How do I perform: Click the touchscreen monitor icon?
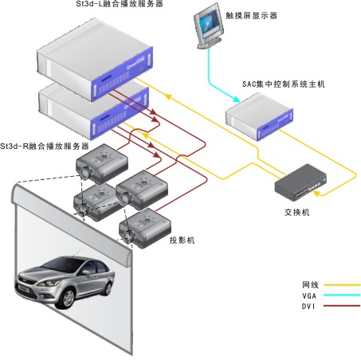click(x=209, y=26)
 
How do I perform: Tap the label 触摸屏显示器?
click(x=251, y=15)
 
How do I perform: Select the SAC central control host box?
click(x=259, y=117)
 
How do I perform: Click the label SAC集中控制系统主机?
click(x=284, y=84)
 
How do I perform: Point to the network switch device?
click(x=300, y=182)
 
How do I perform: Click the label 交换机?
click(x=297, y=212)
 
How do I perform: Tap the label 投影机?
click(x=182, y=240)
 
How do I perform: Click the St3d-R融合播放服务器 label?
click(x=45, y=146)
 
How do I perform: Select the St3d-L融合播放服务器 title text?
click(x=120, y=4)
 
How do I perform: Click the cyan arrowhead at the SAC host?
click(x=236, y=100)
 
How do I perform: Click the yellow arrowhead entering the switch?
click(x=316, y=194)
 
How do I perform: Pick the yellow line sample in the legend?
click(x=342, y=285)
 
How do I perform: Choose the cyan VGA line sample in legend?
click(x=342, y=295)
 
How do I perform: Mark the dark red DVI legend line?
click(x=342, y=306)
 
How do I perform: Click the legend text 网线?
click(x=310, y=285)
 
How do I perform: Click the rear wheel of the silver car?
click(x=108, y=287)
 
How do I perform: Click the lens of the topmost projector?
click(x=85, y=173)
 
